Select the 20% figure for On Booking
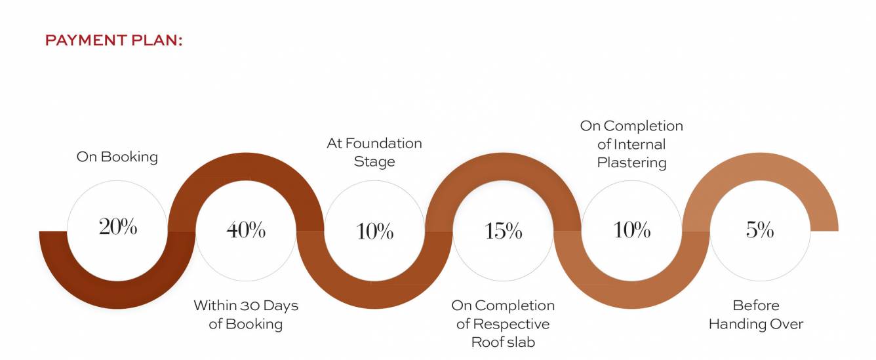118,227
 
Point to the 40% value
246,230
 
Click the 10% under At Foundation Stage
374,231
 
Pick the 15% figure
503,231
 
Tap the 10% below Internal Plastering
631,230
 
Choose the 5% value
759,230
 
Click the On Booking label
117,157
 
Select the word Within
216,306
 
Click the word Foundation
384,144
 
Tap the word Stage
374,162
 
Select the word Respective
511,325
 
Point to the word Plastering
631,163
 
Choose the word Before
756,306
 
